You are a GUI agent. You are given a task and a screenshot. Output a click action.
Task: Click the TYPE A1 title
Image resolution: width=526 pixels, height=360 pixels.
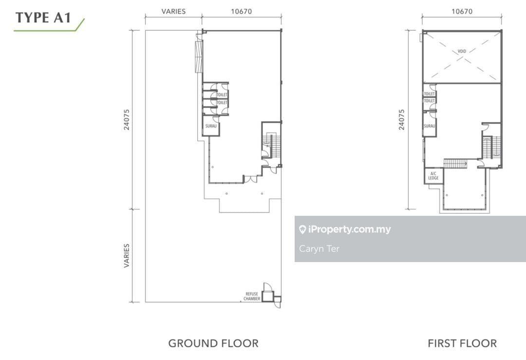(43, 18)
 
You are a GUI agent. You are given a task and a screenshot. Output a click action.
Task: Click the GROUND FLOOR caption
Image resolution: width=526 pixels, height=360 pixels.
(213, 343)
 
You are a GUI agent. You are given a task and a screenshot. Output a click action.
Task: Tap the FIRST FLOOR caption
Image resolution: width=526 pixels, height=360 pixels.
(462, 343)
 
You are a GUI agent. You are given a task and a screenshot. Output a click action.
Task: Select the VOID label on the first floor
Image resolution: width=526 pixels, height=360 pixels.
(462, 51)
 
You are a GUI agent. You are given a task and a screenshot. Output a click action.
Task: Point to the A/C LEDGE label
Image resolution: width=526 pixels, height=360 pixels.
(433, 176)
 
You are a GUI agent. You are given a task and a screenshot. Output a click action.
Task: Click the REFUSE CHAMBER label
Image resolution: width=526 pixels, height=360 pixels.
(252, 296)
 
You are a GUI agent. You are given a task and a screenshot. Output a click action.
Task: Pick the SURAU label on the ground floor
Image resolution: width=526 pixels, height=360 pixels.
(211, 126)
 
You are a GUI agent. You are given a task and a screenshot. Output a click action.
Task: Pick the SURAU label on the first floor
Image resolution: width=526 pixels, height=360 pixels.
(430, 126)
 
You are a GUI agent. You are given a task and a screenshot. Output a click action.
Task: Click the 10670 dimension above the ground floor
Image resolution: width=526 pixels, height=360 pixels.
(241, 11)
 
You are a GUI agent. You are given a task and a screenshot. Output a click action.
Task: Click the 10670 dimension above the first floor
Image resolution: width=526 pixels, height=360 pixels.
(462, 11)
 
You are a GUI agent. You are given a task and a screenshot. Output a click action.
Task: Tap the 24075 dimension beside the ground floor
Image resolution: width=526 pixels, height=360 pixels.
(127, 119)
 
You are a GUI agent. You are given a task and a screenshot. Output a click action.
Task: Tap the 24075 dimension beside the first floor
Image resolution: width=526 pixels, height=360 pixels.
(401, 119)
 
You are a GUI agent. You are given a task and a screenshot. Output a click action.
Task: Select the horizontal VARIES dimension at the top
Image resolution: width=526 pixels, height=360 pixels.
(173, 11)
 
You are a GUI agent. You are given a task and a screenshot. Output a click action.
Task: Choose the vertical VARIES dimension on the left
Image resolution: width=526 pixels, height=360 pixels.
(127, 256)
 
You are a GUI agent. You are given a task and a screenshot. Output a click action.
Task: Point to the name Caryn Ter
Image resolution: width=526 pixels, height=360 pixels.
(319, 248)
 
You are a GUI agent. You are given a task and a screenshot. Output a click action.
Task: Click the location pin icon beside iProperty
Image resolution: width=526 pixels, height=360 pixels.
(302, 229)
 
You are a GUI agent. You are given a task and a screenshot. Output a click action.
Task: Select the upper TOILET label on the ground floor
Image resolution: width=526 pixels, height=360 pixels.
(222, 95)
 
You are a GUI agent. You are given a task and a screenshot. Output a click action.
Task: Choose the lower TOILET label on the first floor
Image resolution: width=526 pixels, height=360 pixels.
(430, 101)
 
